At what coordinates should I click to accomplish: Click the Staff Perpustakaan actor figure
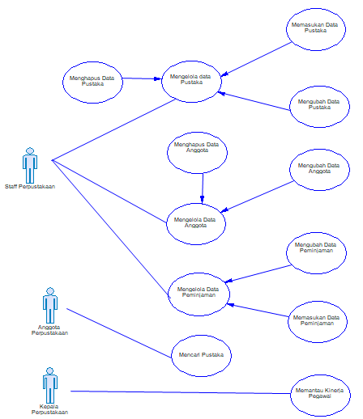(x=30, y=165)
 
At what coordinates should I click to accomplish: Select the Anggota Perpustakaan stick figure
(x=49, y=307)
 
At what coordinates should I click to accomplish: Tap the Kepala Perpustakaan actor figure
(x=49, y=382)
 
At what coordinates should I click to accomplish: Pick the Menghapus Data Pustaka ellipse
(x=92, y=79)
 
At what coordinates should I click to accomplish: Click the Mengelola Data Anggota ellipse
(x=196, y=222)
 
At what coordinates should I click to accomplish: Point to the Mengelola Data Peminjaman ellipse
(x=197, y=292)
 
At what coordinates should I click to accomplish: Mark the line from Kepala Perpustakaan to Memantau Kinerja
(x=178, y=392)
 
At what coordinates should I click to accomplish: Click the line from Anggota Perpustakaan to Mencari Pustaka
(x=122, y=332)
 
